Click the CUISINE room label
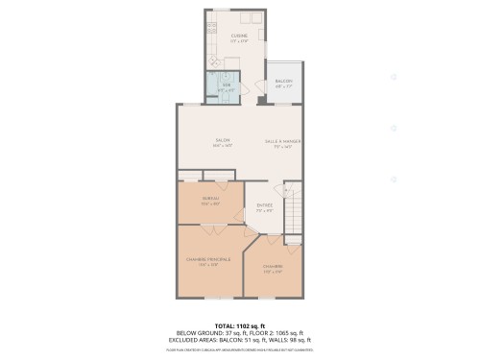[239, 36]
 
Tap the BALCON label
[283, 82]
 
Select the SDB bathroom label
[228, 85]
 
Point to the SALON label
[223, 141]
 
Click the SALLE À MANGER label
[283, 141]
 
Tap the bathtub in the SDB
[213, 87]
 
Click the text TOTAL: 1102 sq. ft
[239, 326]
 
